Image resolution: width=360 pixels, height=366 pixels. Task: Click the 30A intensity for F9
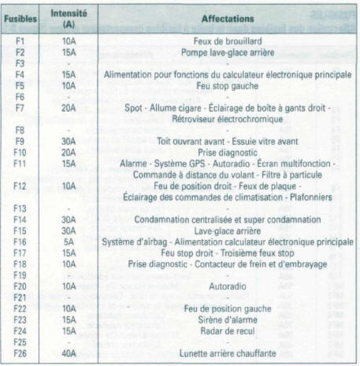click(x=69, y=140)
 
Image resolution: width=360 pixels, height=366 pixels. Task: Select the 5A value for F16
click(x=69, y=242)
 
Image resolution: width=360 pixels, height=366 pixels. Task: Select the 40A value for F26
click(x=69, y=354)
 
